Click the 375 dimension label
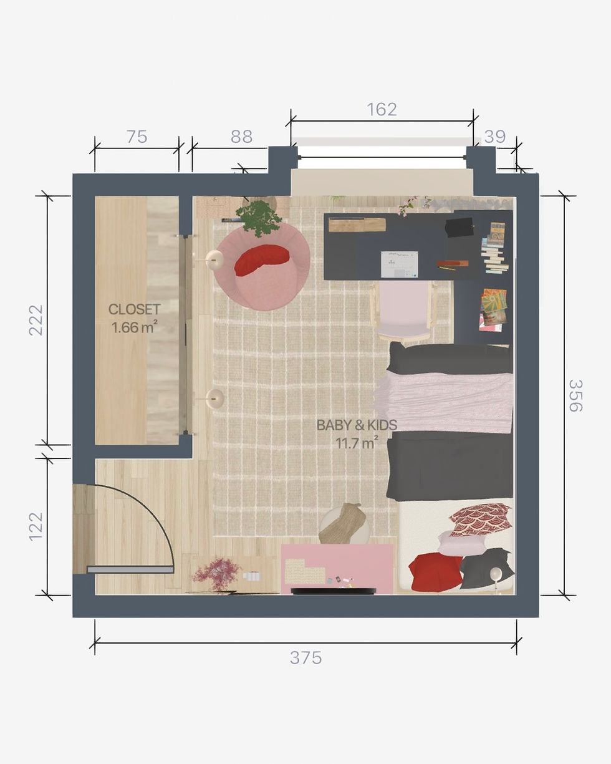click(x=305, y=658)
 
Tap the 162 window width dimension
click(x=382, y=109)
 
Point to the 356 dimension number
click(x=575, y=395)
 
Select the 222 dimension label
click(x=36, y=320)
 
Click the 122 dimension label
click(x=36, y=526)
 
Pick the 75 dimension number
click(x=137, y=137)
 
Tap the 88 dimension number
click(x=241, y=137)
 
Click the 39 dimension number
click(x=494, y=137)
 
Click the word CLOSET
click(x=134, y=309)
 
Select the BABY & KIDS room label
click(x=357, y=425)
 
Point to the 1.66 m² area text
click(x=134, y=327)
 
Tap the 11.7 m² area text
click(x=357, y=443)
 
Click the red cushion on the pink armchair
click(x=261, y=259)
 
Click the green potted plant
click(x=258, y=218)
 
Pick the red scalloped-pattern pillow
click(x=480, y=520)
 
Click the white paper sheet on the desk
click(x=400, y=264)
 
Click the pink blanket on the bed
click(x=444, y=402)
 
